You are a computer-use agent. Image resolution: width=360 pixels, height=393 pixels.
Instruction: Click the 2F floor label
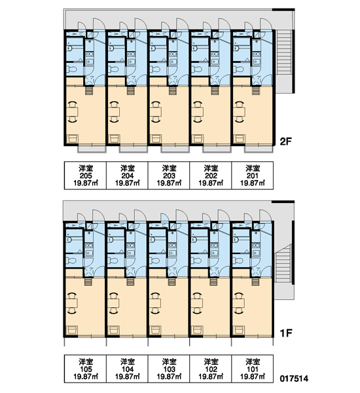[x=286, y=142]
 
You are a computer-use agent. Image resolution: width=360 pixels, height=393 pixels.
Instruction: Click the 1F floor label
[x=286, y=333]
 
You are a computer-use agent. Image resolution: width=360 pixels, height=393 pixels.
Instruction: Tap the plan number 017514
[x=294, y=378]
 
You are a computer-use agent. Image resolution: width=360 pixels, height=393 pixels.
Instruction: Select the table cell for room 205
[x=86, y=176]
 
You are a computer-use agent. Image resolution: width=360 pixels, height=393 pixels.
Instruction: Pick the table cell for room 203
[x=169, y=176]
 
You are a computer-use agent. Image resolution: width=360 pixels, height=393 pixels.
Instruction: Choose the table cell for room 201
[x=253, y=176]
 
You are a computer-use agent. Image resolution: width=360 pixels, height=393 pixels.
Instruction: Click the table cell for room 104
[x=127, y=369]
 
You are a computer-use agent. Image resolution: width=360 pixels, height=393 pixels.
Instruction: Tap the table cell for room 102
[x=211, y=369]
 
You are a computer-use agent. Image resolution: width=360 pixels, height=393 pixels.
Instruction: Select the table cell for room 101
[x=253, y=369]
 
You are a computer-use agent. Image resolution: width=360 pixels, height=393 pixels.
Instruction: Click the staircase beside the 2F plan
[x=284, y=52]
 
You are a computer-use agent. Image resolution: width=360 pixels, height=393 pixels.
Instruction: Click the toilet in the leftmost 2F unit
[x=72, y=69]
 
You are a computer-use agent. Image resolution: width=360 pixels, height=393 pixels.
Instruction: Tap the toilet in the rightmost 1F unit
[x=238, y=261]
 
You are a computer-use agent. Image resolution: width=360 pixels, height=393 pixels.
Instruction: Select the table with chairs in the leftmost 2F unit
[x=73, y=112]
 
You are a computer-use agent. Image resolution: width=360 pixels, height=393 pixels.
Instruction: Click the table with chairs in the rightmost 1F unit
[x=240, y=303]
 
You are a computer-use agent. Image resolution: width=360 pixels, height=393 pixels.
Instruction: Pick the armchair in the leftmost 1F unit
[x=73, y=330]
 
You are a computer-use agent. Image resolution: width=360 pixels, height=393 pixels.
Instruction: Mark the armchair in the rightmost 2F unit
[x=240, y=139]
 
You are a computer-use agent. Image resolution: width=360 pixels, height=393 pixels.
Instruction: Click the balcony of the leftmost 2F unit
[x=92, y=149]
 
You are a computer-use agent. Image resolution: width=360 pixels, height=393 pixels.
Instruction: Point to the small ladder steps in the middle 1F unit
[x=171, y=282]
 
